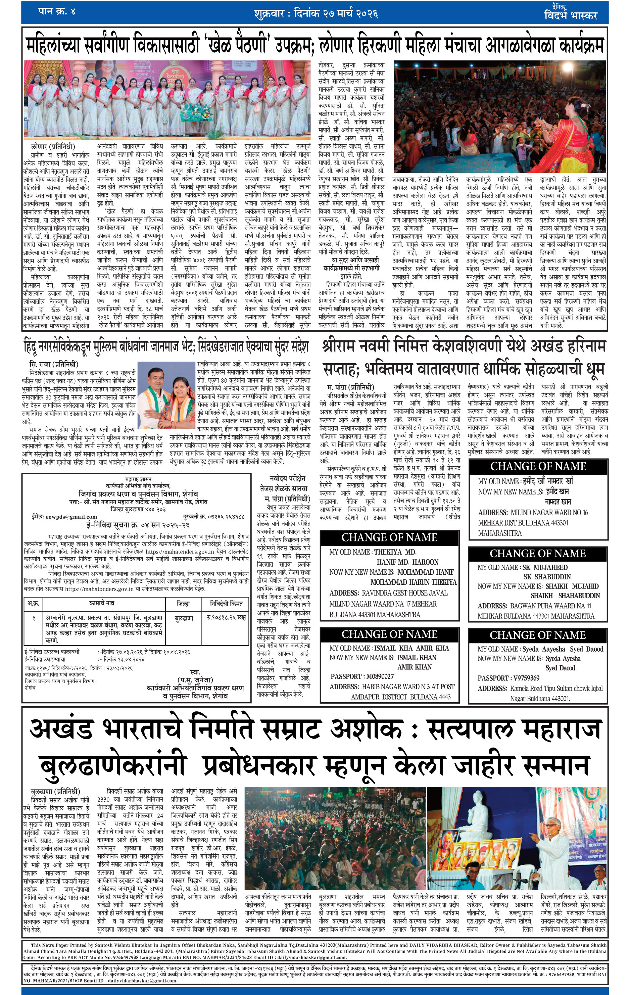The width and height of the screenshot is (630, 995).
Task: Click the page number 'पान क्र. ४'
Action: click(57, 11)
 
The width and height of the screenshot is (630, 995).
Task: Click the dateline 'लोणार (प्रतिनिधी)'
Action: click(53, 147)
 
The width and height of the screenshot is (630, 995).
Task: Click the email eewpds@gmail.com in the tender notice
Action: click(71, 517)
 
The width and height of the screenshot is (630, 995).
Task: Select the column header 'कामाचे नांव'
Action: click(102, 603)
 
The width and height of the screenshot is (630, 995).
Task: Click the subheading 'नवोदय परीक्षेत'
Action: click(287, 478)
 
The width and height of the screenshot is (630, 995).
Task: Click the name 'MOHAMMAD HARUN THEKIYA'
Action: click(414, 582)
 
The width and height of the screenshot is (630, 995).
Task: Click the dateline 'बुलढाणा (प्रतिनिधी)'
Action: click(56, 792)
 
